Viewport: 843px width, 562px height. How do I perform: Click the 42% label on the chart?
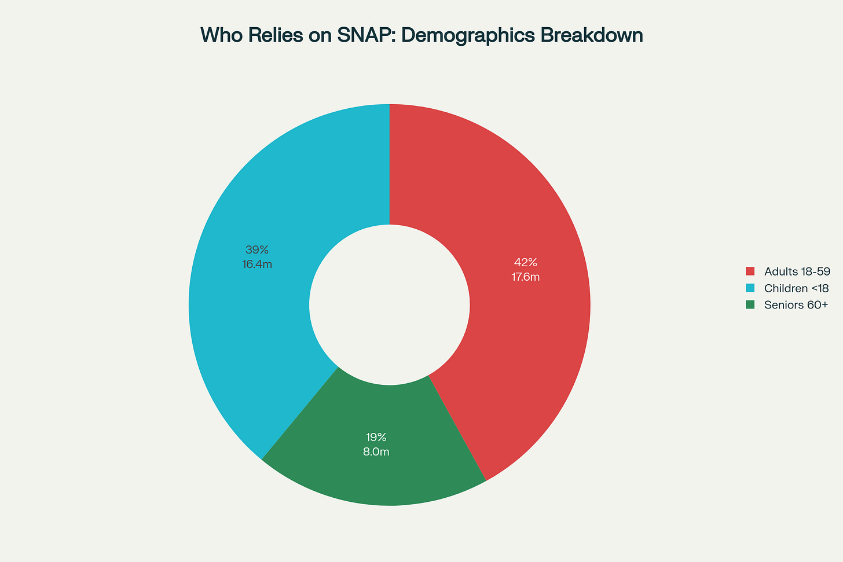pyautogui.click(x=526, y=262)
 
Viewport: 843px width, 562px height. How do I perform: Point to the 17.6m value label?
pyautogui.click(x=526, y=277)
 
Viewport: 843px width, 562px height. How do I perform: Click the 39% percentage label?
pyautogui.click(x=257, y=250)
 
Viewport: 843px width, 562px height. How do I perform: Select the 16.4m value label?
pyautogui.click(x=257, y=265)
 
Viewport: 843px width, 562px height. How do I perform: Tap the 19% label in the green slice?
pyautogui.click(x=376, y=437)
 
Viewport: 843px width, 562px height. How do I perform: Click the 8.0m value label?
pyautogui.click(x=376, y=452)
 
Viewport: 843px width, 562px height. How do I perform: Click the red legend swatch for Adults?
pyautogui.click(x=750, y=271)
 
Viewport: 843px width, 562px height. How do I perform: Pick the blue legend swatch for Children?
pyautogui.click(x=750, y=288)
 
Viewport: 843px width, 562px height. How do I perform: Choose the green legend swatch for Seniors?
pyautogui.click(x=750, y=305)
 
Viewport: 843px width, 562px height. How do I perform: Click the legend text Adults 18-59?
pyautogui.click(x=797, y=271)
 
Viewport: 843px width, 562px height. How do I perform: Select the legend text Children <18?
pyautogui.click(x=796, y=288)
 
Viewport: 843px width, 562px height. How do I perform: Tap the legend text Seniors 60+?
pyautogui.click(x=796, y=305)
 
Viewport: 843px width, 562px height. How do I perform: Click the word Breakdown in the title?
pyautogui.click(x=591, y=35)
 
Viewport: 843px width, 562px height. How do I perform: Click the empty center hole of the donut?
pyautogui.click(x=389, y=304)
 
